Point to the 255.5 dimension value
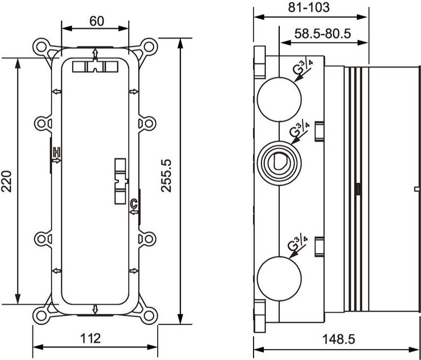coord(166,176)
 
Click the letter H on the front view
coord(57,152)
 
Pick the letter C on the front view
coord(133,203)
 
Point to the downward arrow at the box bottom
coord(95,309)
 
